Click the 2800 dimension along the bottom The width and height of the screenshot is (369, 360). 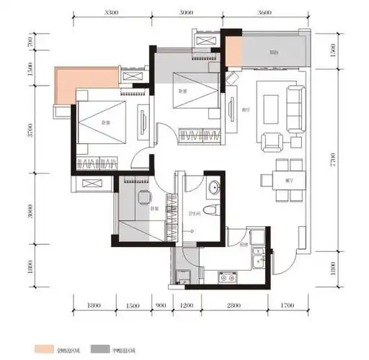(233, 307)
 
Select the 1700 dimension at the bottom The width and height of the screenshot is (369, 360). (288, 307)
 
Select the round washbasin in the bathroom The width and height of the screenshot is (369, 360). (213, 189)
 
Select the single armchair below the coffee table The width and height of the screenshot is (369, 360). (272, 142)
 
